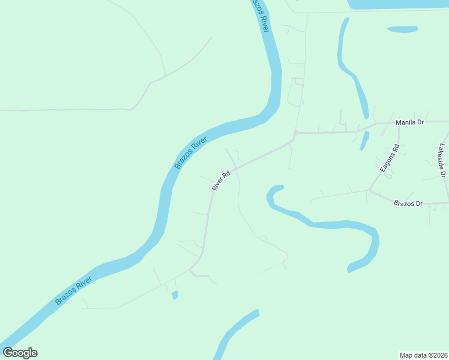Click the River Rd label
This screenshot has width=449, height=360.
(x=221, y=182)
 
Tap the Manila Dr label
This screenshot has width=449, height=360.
(x=409, y=122)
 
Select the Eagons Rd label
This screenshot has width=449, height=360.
(x=389, y=158)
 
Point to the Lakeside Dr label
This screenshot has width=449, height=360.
(x=442, y=160)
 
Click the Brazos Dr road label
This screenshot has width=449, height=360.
(x=408, y=204)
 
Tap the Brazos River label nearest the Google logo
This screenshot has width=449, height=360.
(x=73, y=290)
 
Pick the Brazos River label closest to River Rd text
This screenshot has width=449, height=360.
(x=190, y=152)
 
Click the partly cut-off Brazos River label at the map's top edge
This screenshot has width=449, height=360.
(x=259, y=13)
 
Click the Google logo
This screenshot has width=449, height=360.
(x=20, y=353)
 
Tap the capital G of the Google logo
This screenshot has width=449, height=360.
(x=8, y=353)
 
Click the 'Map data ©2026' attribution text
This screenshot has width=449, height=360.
(x=423, y=355)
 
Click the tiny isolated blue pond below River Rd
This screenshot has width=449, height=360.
(x=175, y=295)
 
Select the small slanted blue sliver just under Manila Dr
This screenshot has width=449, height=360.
(x=364, y=140)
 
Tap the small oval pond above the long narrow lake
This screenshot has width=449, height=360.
(x=402, y=29)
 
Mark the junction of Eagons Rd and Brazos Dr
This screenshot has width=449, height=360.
(x=369, y=191)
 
